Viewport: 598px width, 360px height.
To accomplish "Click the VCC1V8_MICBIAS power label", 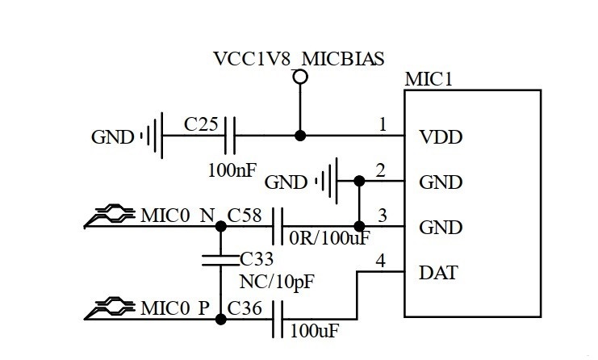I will pos(298,58).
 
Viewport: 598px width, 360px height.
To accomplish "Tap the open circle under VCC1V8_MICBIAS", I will pos(300,77).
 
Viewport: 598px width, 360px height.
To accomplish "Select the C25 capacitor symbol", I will pos(232,136).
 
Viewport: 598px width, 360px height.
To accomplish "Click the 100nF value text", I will pos(233,170).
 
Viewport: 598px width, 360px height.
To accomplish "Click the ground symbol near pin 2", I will pos(326,180).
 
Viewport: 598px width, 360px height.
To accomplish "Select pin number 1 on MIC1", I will pos(383,125).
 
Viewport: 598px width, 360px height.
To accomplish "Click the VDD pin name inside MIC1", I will pos(441,136).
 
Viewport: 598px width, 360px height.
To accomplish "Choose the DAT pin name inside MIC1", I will pos(438,273).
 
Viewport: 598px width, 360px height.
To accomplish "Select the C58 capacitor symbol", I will pos(278,226).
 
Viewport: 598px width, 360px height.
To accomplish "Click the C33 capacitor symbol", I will pos(220,260).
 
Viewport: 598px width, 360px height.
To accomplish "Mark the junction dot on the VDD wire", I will pos(300,136).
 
